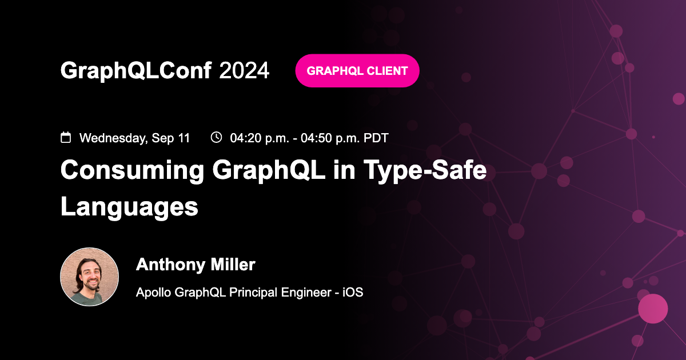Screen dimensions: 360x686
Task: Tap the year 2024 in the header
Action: point(244,70)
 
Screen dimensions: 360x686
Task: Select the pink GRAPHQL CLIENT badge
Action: point(357,71)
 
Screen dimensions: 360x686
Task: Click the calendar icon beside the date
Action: point(66,137)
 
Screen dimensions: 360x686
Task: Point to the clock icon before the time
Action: point(216,137)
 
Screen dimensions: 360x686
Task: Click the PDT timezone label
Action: point(376,138)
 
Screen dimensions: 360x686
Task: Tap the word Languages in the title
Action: point(129,206)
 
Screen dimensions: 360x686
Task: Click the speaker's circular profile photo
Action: point(90,277)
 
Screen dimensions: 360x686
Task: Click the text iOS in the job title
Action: point(353,292)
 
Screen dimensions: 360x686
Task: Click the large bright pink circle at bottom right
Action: point(653,309)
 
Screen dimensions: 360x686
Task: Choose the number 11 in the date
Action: point(184,138)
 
